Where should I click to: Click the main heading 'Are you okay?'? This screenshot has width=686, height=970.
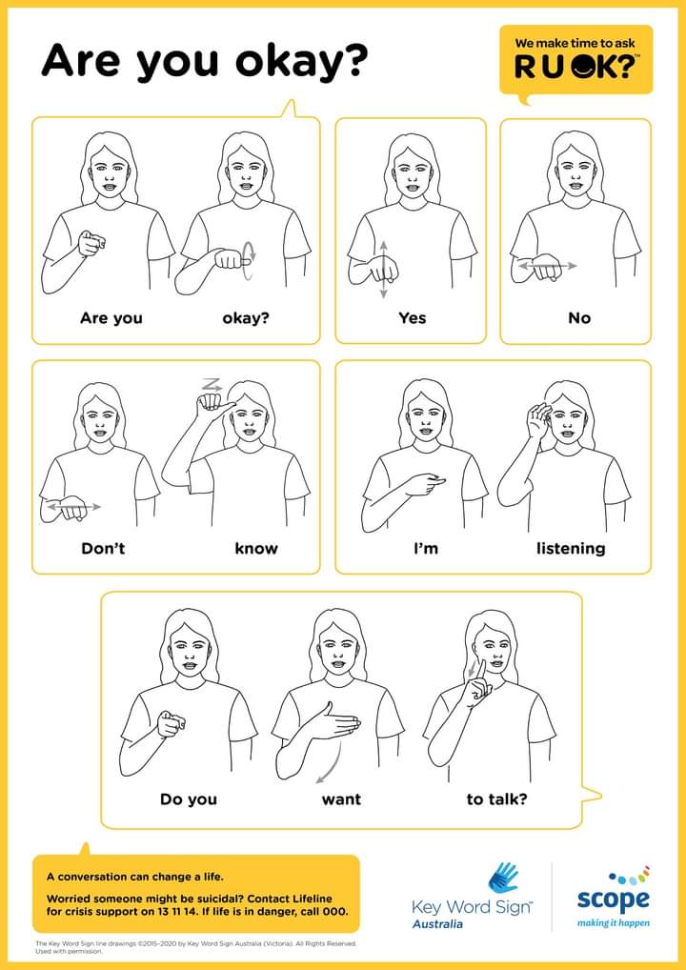click(204, 62)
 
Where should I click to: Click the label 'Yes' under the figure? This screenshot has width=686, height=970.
click(412, 318)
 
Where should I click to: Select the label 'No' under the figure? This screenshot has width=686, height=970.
click(579, 318)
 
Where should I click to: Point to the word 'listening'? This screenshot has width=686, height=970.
click(571, 548)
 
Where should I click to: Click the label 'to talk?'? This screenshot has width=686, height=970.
click(496, 799)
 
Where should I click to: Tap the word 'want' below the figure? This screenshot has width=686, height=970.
click(341, 799)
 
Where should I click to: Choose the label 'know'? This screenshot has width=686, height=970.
click(256, 548)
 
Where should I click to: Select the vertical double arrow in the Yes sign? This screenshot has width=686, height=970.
click(383, 270)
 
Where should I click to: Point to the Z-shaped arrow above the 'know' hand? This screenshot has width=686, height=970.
click(211, 384)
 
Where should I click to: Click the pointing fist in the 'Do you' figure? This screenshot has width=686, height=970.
click(171, 723)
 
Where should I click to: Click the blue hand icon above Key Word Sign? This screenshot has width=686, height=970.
click(502, 878)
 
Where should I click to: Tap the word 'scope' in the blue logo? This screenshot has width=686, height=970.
click(613, 899)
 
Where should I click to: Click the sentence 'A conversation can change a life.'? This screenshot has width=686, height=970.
click(135, 877)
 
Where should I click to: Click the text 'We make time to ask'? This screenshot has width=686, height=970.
click(575, 44)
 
